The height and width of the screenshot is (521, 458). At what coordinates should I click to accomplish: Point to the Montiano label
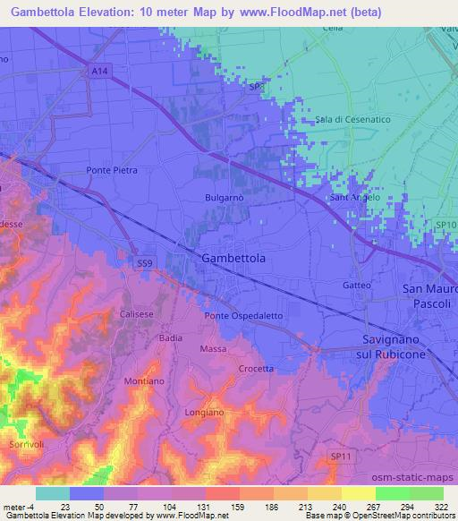tap(144, 381)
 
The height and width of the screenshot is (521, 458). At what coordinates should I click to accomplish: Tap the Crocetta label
tap(257, 369)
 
